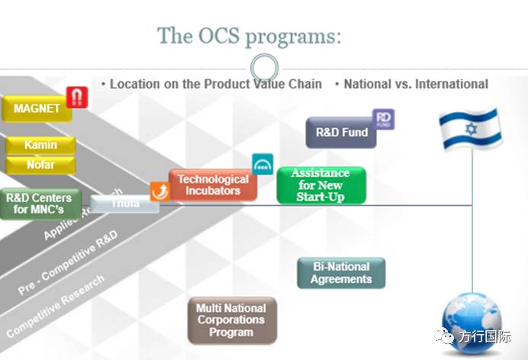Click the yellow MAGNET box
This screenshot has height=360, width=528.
(36, 108)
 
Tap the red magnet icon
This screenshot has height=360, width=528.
(77, 97)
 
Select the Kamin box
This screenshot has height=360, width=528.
(40, 145)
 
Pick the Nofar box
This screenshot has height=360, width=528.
(40, 164)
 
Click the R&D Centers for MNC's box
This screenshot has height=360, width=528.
(40, 204)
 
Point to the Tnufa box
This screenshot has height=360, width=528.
(124, 204)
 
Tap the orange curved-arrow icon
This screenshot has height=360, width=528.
(159, 191)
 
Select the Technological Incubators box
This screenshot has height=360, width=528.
(213, 185)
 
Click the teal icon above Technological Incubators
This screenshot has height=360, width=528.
(262, 164)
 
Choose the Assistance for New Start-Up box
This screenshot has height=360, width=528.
(320, 185)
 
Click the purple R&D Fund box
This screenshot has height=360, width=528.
(342, 132)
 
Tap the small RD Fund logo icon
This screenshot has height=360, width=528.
(383, 120)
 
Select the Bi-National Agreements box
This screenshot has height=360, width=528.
(341, 273)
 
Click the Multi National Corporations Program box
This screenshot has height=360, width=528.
(231, 320)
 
